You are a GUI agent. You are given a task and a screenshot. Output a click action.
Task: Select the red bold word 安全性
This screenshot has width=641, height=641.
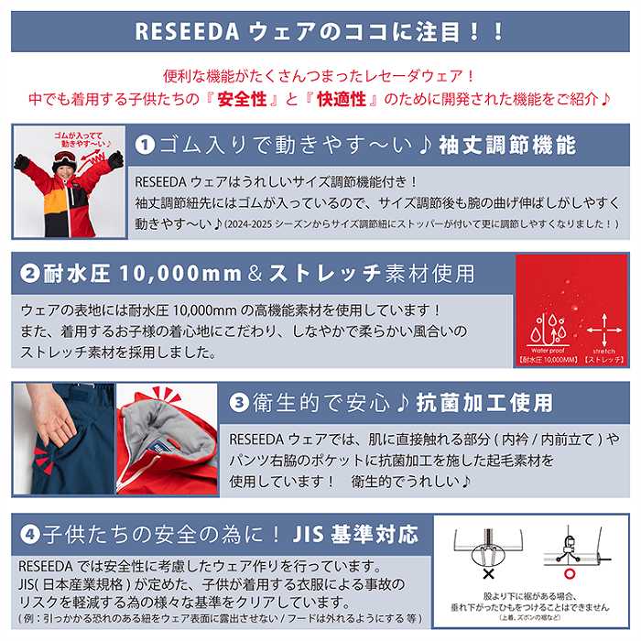coord(243,96)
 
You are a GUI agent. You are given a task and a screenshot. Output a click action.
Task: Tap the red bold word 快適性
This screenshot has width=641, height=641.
coord(353,96)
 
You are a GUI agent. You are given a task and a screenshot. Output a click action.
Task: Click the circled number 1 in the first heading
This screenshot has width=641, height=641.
coord(145,145)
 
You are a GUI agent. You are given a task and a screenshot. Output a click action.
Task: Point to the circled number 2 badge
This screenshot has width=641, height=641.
coord(27,273)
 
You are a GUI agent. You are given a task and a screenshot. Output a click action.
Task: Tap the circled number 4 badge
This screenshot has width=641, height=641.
coord(27,532)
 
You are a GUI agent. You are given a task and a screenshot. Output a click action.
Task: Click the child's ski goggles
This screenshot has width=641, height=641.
coord(65,158)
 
